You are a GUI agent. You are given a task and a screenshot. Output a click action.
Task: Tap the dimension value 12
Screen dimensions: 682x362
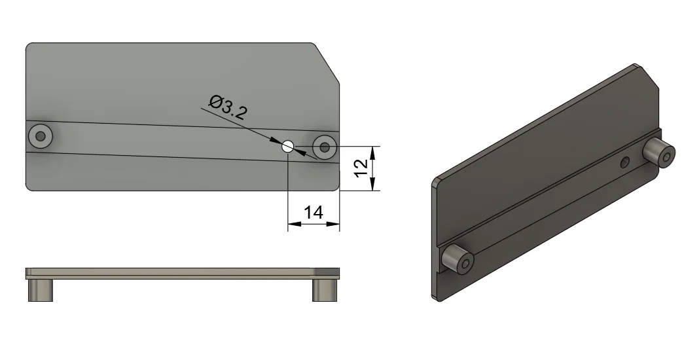361,168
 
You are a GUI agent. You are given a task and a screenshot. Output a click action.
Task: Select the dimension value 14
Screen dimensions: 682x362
314,213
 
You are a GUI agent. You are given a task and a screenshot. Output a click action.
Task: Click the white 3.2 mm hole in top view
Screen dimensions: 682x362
287,147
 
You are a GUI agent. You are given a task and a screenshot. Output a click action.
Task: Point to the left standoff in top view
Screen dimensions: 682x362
41,136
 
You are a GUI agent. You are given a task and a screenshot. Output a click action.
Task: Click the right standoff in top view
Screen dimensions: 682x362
325,147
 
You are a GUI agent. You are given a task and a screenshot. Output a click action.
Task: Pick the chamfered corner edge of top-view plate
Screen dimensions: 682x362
326,63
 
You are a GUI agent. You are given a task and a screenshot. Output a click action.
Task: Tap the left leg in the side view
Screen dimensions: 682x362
41,290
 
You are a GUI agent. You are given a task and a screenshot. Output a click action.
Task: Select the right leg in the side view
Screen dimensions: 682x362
325,290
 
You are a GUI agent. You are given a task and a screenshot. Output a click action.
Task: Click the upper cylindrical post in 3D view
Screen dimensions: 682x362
659,153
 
